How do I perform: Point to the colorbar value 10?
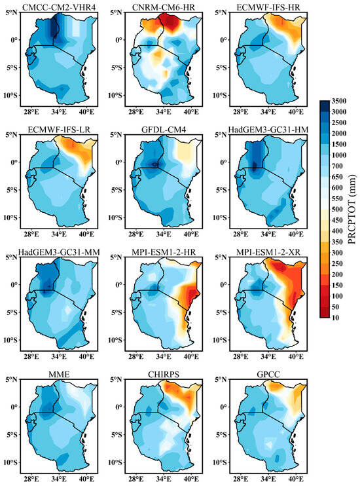tap(338, 317)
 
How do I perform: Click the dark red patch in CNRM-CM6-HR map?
tap(173, 23)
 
